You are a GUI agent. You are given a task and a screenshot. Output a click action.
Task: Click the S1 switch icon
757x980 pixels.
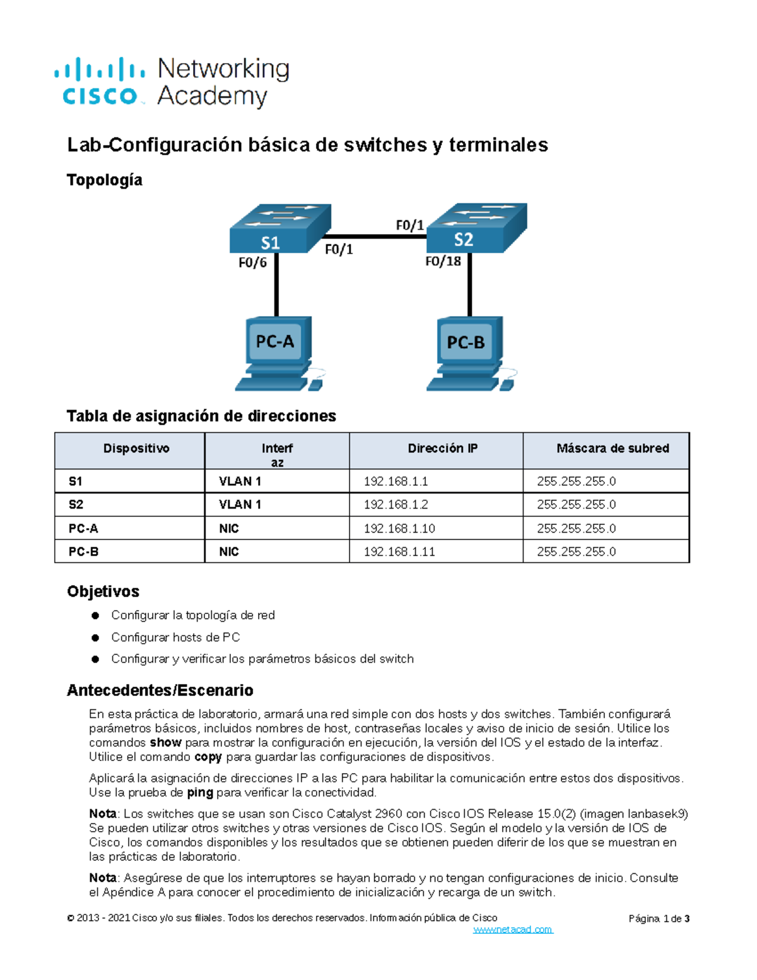[279, 228]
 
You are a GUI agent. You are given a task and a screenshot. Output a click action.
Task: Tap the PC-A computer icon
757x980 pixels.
[278, 353]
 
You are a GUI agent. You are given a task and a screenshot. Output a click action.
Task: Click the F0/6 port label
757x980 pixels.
[252, 263]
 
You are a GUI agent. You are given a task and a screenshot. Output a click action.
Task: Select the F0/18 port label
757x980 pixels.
[443, 261]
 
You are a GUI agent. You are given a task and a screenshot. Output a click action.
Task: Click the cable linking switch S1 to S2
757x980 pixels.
[378, 237]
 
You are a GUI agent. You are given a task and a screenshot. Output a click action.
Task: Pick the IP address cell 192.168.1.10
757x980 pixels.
[399, 528]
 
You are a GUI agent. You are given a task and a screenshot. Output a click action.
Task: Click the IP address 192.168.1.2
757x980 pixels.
[396, 505]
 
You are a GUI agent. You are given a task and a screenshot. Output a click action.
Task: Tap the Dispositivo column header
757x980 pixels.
[136, 449]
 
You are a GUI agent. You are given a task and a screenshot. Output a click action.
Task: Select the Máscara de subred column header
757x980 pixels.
[613, 449]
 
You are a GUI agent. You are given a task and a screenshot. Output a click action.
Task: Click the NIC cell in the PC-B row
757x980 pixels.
[229, 552]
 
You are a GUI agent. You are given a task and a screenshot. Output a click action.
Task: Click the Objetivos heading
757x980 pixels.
[103, 591]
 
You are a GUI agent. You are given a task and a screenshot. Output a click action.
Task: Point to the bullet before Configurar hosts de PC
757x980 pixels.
[95, 637]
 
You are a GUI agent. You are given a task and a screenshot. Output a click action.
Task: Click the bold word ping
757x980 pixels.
[200, 793]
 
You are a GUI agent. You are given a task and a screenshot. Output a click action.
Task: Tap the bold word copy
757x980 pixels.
[208, 757]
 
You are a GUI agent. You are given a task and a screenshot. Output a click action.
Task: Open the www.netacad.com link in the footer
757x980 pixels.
[513, 930]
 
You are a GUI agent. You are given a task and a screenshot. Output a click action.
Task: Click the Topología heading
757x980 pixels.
[105, 180]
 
